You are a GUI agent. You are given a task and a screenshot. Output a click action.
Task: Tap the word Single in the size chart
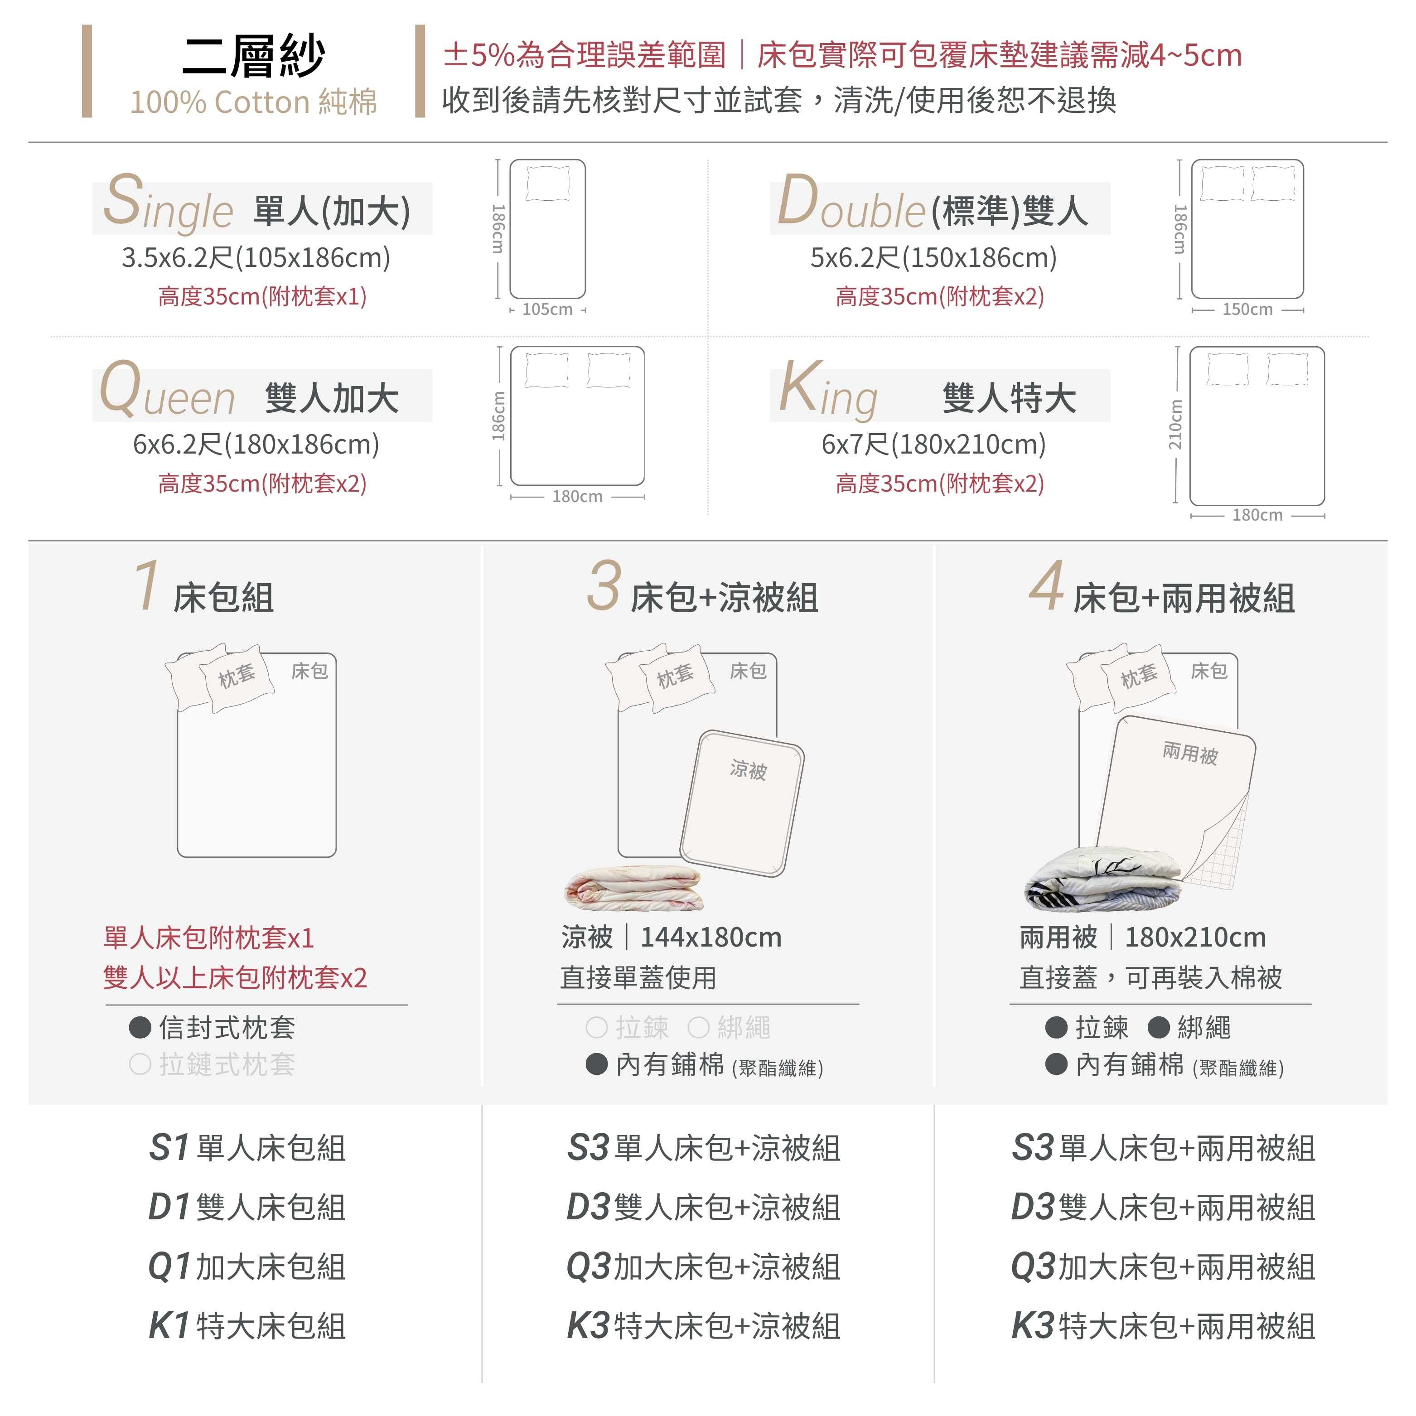coord(168,202)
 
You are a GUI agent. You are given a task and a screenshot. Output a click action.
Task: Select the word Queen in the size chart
coord(167,390)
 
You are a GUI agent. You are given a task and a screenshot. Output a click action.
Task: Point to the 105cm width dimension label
coord(547,309)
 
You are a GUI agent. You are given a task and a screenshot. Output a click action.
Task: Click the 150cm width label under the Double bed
coord(1247,309)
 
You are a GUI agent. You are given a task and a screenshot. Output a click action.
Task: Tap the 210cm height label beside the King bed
coord(1175,425)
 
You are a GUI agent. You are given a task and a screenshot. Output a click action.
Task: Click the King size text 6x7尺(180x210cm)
coord(934,444)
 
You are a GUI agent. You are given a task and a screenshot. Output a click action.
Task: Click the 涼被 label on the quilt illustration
coord(748,769)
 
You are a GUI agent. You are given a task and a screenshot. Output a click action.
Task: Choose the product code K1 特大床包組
coord(247,1326)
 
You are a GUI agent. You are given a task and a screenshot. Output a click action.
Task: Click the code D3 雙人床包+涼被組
coord(704,1207)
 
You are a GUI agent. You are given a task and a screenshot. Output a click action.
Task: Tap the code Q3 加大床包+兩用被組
coord(1163,1266)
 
